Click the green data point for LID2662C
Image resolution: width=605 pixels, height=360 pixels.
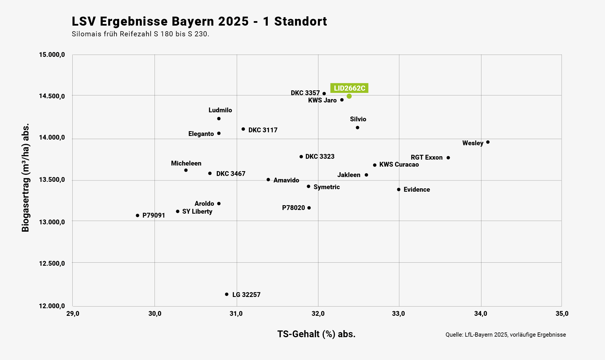pos(349,96)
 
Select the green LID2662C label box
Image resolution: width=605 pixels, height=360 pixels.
pos(349,88)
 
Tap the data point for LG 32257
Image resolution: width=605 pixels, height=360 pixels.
pos(227,294)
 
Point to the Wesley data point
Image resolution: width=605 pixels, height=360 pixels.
pos(488,142)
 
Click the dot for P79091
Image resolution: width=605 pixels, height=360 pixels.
pos(137,216)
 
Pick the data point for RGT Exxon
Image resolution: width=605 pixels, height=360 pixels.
pos(448,158)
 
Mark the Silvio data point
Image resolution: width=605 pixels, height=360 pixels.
pos(358,128)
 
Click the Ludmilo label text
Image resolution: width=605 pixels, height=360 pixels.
pos(220,110)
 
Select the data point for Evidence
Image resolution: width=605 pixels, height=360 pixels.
pos(399,189)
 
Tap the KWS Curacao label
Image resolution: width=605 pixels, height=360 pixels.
pos(399,164)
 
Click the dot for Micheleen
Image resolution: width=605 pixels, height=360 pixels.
pos(186,170)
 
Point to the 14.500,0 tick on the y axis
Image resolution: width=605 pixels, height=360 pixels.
pos(52,96)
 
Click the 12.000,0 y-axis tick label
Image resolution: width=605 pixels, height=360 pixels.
pos(52,306)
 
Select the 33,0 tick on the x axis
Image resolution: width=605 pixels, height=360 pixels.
pos(399,314)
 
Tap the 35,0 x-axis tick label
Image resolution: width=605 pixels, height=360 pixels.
pos(562,314)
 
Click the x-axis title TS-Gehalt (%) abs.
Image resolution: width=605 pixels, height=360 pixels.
pos(316,334)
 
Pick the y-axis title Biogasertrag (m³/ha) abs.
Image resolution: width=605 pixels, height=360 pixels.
pos(25,177)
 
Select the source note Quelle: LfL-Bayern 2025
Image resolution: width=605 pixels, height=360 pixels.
pos(505,335)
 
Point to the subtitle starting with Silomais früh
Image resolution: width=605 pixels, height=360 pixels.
pos(140,34)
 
